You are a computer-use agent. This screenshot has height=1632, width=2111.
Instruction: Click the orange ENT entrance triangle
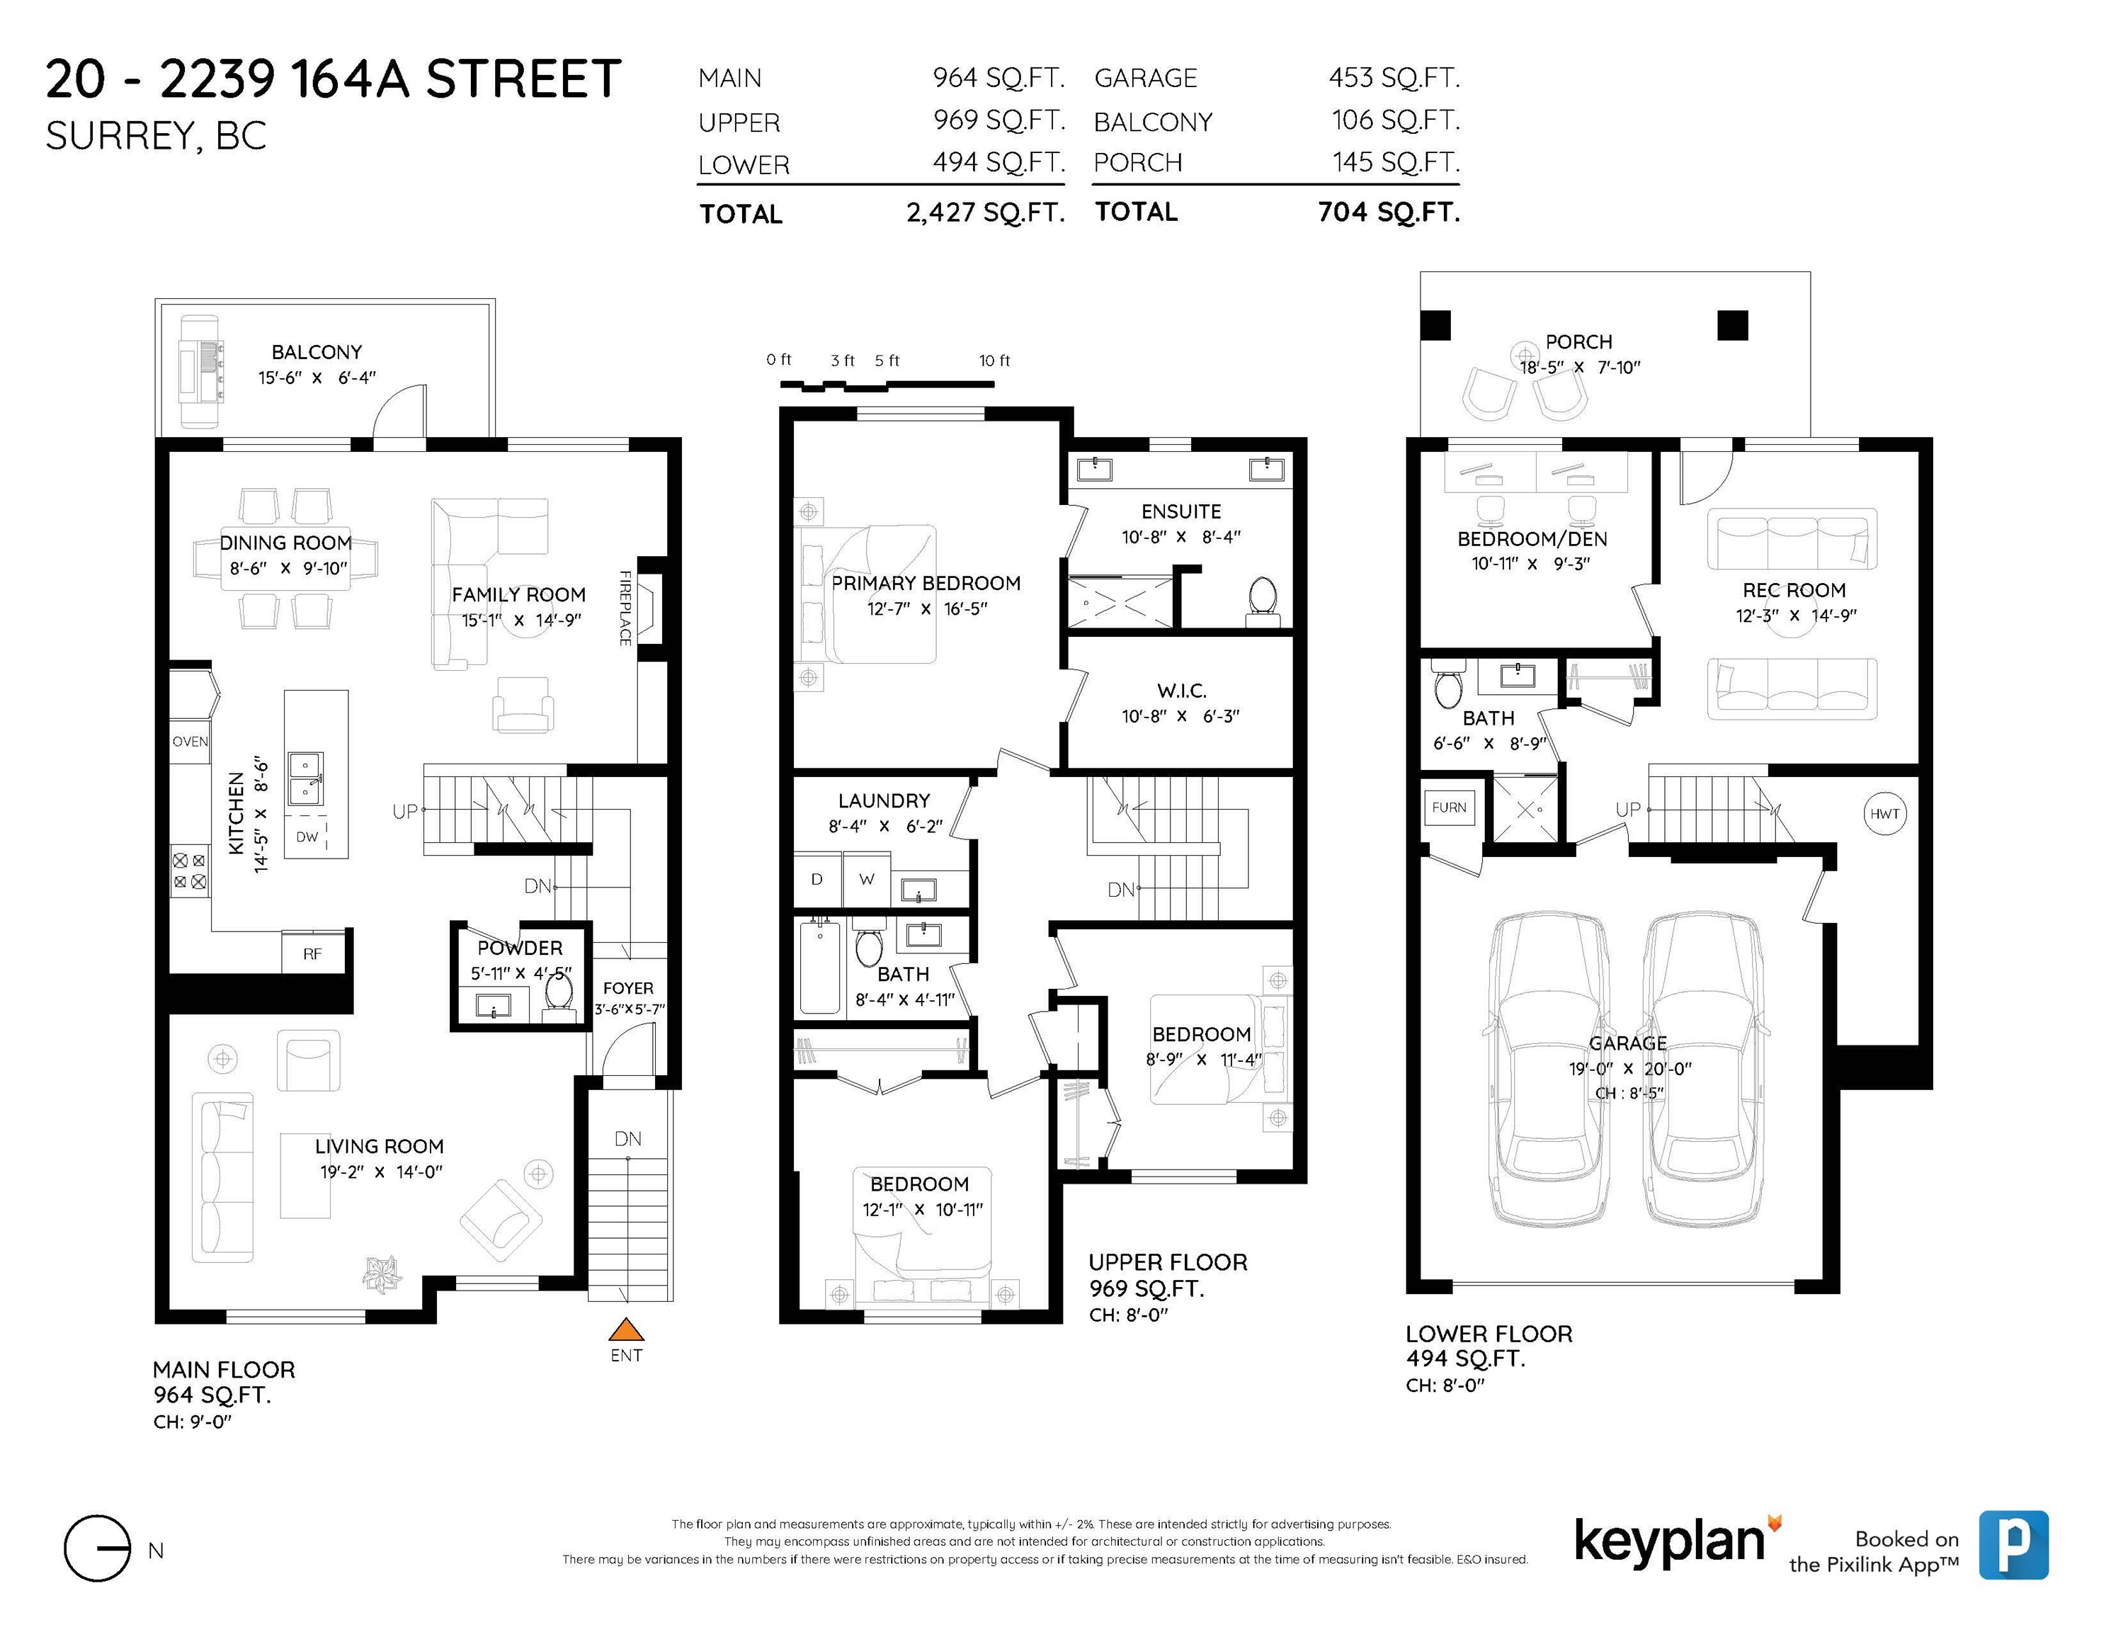[626, 1330]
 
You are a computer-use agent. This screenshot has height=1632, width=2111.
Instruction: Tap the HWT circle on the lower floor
[1884, 814]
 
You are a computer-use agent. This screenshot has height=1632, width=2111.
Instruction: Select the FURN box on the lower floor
[1449, 807]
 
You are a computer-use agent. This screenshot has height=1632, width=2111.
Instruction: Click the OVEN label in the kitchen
[190, 742]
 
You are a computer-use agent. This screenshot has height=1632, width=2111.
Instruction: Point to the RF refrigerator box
[312, 953]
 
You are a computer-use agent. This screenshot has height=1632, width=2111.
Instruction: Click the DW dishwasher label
[307, 837]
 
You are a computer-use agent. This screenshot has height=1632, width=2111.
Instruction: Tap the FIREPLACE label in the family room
[625, 608]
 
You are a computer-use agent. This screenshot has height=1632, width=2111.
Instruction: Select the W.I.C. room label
[1181, 691]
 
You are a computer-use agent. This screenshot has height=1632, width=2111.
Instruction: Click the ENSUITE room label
[1181, 511]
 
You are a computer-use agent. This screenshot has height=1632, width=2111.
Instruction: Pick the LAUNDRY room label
[884, 800]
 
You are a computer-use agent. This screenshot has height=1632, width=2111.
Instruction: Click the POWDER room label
[520, 948]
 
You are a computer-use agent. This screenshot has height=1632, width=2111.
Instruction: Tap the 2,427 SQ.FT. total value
[985, 212]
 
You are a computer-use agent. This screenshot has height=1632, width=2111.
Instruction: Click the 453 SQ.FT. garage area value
[1394, 77]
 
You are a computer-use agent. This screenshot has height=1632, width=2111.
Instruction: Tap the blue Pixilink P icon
[2013, 1545]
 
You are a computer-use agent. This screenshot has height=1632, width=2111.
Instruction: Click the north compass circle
[96, 1548]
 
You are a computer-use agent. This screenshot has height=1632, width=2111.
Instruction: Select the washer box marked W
[867, 879]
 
